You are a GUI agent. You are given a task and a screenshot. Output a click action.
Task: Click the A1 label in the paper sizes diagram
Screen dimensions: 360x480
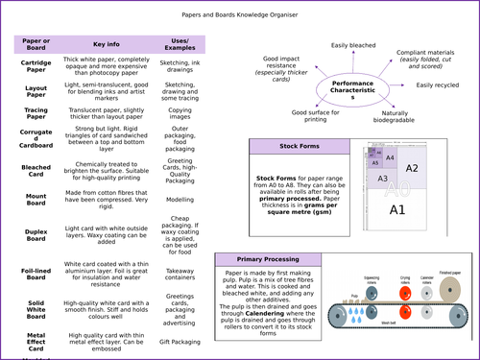pyautogui.click(x=397, y=208)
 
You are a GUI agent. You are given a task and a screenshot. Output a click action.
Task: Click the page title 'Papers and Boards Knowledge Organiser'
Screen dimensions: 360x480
pyautogui.click(x=239, y=15)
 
